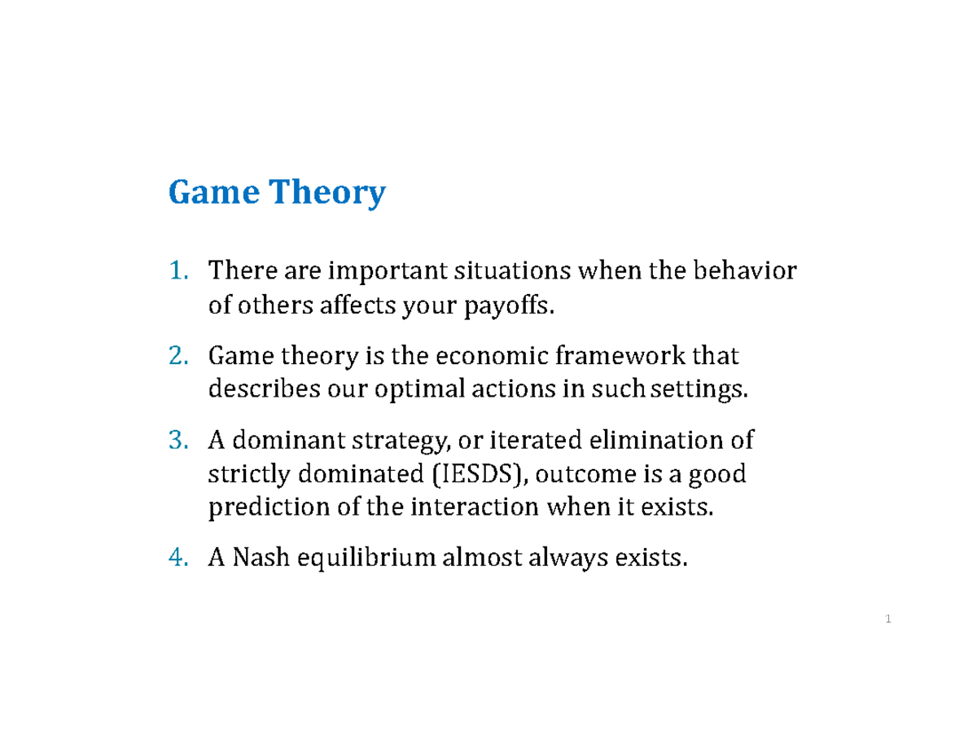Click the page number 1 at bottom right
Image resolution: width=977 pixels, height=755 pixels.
(x=888, y=621)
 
